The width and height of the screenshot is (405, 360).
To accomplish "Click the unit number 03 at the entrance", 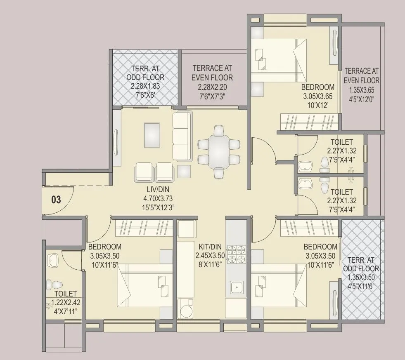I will pos(56,200).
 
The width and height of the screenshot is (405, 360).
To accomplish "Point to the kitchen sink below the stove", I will pos(236,287).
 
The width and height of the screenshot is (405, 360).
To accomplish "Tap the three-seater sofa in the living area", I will pos(182,136).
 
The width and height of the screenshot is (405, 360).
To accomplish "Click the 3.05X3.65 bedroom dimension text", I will pos(317,96).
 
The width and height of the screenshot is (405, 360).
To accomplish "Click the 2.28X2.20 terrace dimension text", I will pos(212,87).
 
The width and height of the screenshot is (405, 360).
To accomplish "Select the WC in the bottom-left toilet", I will pos(54,285).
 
